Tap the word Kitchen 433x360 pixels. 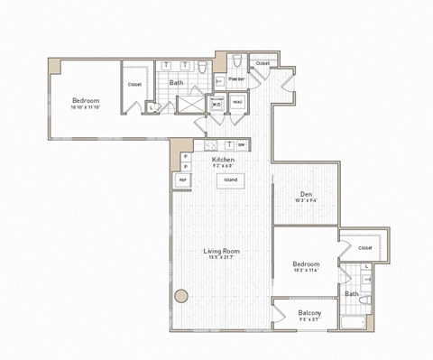click(224, 159)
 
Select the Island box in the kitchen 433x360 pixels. click(231, 179)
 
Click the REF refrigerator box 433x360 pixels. click(183, 180)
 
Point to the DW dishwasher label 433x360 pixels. click(242, 145)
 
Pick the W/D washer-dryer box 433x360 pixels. click(217, 103)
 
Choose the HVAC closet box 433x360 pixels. click(236, 103)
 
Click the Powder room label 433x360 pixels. click(236, 79)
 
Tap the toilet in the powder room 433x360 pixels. click(235, 62)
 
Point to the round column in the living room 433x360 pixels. click(180, 295)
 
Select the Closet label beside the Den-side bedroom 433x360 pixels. click(365, 247)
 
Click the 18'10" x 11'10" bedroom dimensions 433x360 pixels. click(87, 107)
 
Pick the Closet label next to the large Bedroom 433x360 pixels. click(134, 84)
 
